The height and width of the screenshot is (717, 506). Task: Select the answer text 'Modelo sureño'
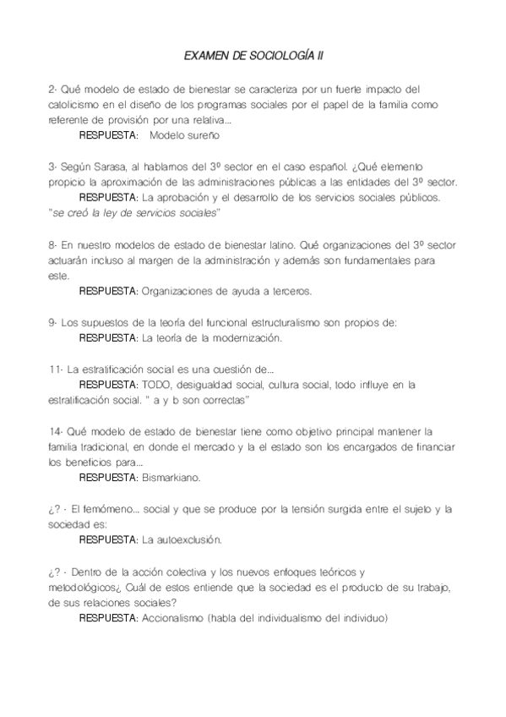click(183, 134)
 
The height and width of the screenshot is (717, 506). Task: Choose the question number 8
click(52, 244)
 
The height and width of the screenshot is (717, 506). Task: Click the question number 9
click(52, 322)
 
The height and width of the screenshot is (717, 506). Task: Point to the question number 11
click(54, 369)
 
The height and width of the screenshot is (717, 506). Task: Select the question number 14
click(55, 431)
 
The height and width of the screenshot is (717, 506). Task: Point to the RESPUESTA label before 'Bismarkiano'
click(108, 478)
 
